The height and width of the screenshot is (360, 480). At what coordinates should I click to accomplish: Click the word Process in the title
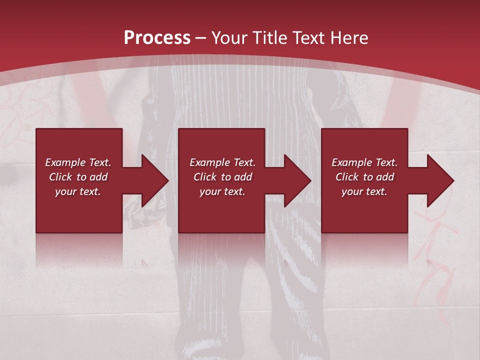(x=157, y=37)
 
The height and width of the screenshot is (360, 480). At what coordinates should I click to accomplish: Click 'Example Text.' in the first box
(x=78, y=162)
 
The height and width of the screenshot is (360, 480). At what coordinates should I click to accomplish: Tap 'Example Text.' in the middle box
(x=222, y=162)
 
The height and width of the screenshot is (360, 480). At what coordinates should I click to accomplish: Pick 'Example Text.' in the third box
(x=364, y=162)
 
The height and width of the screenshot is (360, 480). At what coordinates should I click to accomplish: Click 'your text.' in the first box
(x=78, y=191)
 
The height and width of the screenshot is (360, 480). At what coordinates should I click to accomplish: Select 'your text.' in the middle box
(x=222, y=191)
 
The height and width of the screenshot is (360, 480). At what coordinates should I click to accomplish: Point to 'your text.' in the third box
(x=364, y=191)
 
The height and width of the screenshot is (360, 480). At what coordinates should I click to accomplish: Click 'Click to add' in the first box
(x=78, y=177)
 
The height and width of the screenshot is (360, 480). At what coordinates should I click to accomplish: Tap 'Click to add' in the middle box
(x=222, y=177)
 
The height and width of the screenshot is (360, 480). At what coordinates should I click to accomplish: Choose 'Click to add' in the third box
(x=364, y=177)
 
